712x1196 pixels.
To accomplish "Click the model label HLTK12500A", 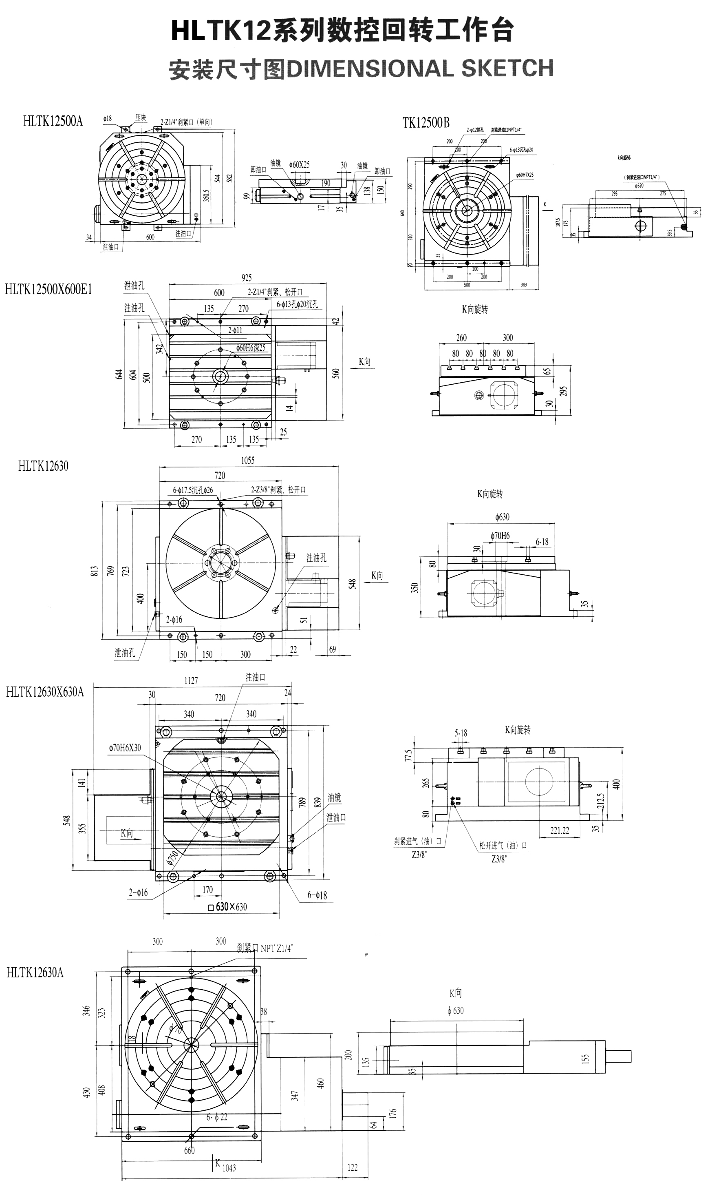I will point(53,121).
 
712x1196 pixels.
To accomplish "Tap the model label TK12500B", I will point(426,123).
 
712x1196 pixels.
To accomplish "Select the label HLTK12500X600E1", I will point(48,289).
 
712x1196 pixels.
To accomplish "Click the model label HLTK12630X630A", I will point(44,692).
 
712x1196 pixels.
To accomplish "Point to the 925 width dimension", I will point(247,277).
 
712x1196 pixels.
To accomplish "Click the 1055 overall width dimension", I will point(247,461).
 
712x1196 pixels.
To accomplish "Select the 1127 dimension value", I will point(191,680).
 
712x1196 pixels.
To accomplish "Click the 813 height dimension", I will point(95,571).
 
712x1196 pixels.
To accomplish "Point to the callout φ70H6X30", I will point(125,748).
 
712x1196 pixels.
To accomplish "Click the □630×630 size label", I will point(228,907).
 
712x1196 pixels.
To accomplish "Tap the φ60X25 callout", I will point(300,164).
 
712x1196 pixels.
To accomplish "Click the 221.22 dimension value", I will point(560,831).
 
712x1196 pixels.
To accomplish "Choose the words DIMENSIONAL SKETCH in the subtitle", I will point(420,69).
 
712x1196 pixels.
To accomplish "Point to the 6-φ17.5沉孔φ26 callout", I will point(193,490).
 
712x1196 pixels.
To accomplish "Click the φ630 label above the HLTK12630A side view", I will point(455,1011).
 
